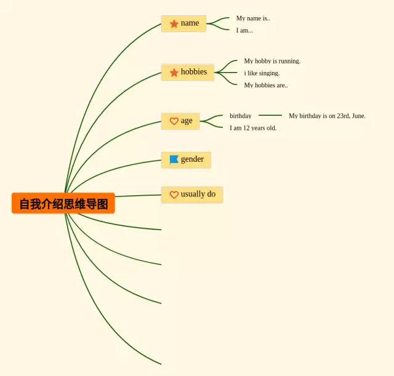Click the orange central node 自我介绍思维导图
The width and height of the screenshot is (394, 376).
coord(63,203)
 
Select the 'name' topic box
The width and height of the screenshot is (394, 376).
coord(183,23)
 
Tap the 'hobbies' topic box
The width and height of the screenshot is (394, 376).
coord(188,72)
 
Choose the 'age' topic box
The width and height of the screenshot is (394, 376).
coord(180,121)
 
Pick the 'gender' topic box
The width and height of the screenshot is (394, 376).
coord(186,159)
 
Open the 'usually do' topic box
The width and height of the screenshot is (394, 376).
coord(191,194)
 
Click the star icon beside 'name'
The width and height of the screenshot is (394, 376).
coord(174,24)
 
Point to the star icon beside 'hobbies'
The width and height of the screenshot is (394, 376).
coord(174,73)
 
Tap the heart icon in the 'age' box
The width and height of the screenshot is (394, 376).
coord(174,121)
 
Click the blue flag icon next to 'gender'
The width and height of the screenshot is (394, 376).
coord(174,160)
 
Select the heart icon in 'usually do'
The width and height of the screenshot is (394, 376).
coord(174,195)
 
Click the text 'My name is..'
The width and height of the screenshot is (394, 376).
coord(253,18)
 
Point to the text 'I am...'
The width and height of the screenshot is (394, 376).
coord(244,30)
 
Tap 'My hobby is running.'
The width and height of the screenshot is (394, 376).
coord(272,61)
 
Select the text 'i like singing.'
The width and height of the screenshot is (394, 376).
coord(262,73)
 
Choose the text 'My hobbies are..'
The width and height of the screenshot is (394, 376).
coord(266,86)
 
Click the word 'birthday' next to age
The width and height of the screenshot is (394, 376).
coord(241,116)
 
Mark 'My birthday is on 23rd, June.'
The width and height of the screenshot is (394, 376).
coord(327,116)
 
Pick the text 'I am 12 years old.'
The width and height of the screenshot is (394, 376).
coord(253,128)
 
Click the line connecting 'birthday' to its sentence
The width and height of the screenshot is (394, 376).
coord(270,115)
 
